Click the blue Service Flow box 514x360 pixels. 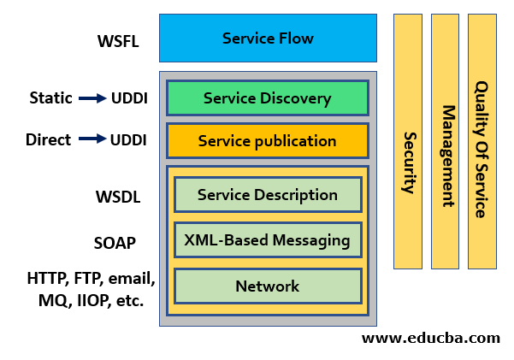click(x=268, y=38)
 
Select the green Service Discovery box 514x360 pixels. click(x=267, y=98)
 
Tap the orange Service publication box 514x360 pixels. click(x=267, y=141)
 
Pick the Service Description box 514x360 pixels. click(x=267, y=195)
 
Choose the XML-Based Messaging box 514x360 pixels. click(x=267, y=240)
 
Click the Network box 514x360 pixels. click(x=267, y=286)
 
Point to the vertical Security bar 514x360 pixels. click(x=408, y=141)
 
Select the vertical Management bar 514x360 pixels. click(x=446, y=141)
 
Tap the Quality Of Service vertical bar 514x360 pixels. click(x=482, y=141)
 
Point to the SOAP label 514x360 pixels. click(x=115, y=243)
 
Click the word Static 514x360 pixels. click(x=50, y=98)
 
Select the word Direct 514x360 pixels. click(x=49, y=139)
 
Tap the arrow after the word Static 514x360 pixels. click(x=92, y=98)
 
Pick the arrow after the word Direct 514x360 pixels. click(x=92, y=139)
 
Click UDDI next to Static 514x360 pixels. click(x=129, y=98)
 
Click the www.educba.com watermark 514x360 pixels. click(x=430, y=338)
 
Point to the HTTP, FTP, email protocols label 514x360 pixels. click(x=90, y=289)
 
